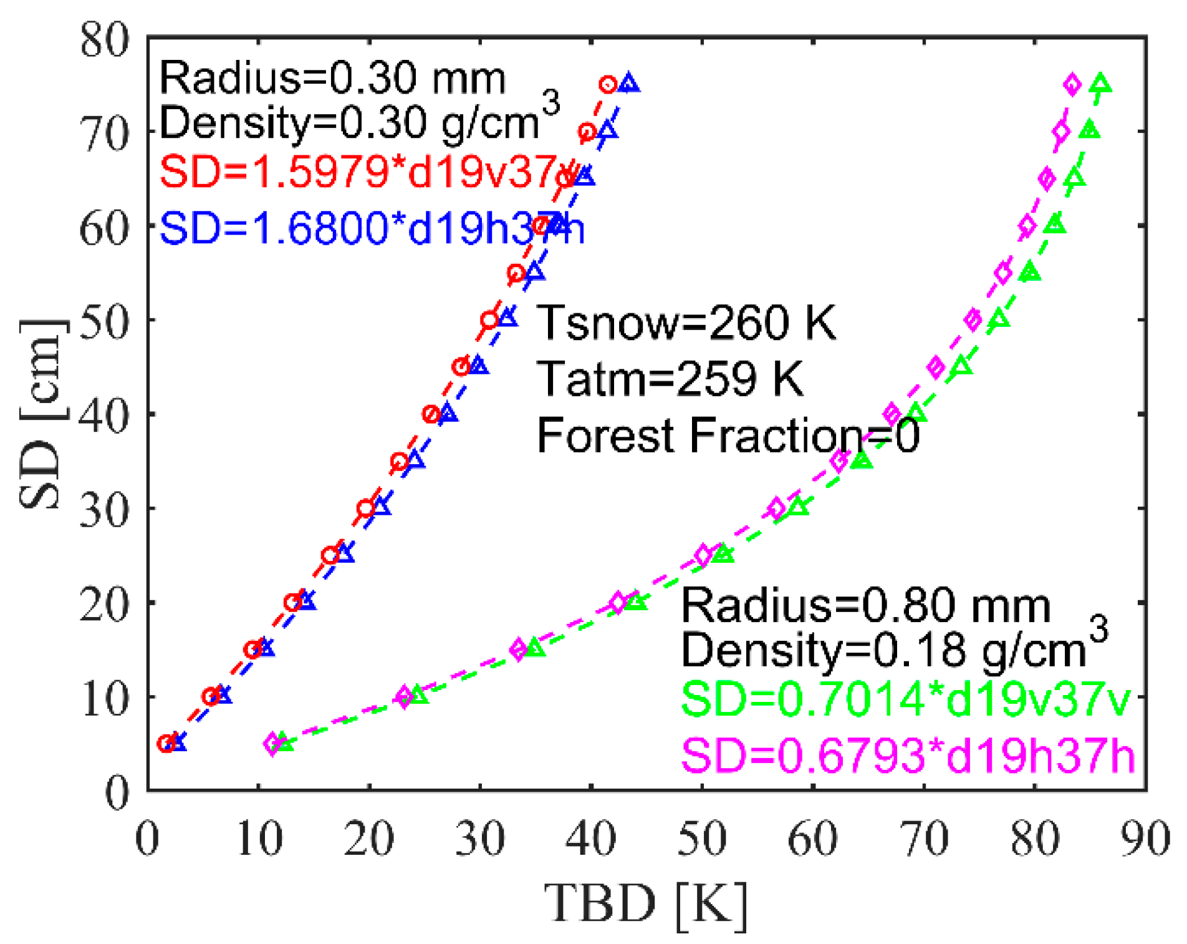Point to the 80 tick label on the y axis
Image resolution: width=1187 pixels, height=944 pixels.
click(105, 41)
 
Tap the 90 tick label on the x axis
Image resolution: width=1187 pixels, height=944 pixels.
click(1145, 840)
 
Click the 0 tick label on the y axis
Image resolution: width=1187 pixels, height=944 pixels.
click(117, 793)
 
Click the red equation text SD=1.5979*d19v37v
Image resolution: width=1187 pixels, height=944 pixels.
click(368, 171)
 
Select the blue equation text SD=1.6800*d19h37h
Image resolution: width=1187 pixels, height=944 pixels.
click(372, 228)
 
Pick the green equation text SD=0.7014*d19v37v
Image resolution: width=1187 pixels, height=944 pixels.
click(905, 699)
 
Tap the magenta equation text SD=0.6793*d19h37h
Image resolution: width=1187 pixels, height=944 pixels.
click(907, 756)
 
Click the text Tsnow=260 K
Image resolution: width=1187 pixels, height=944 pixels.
click(686, 323)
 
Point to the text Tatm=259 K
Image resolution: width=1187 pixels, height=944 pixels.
click(670, 379)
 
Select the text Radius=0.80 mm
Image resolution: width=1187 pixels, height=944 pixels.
click(865, 606)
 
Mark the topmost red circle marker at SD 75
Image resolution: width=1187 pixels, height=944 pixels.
click(608, 84)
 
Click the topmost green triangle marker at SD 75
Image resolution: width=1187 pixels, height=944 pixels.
click(1100, 84)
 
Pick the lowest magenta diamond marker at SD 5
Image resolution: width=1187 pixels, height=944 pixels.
click(272, 743)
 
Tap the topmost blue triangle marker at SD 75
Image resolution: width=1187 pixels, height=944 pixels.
click(628, 84)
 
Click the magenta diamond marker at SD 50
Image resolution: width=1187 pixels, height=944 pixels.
click(973, 320)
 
